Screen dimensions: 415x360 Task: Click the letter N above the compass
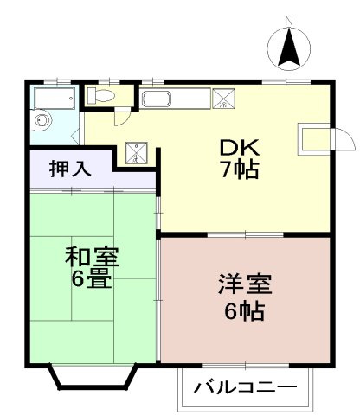[290, 21]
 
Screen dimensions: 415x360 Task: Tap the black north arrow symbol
[290, 48]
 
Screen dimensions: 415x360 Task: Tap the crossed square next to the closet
[136, 153]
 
